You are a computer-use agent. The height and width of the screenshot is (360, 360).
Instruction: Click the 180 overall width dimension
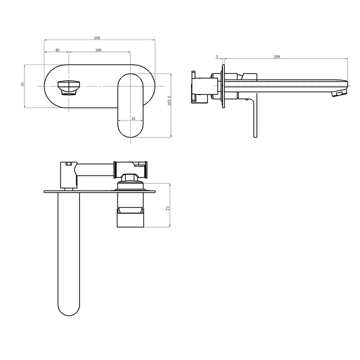tap(97, 37)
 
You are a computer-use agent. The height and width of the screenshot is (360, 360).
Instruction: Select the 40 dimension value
tap(57, 50)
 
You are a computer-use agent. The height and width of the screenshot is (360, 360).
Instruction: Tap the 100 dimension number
tap(98, 50)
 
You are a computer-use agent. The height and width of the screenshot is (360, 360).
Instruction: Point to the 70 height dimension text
tap(22, 85)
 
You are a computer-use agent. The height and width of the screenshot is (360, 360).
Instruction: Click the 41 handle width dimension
tap(133, 118)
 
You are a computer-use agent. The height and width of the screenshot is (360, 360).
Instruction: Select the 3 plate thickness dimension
tap(216, 57)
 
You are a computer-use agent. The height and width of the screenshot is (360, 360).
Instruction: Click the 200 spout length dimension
tap(276, 57)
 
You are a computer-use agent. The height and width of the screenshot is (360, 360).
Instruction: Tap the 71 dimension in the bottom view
tap(168, 208)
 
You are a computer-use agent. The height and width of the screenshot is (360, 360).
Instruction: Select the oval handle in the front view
tap(131, 105)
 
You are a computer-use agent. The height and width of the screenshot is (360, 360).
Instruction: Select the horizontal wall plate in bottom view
tap(99, 190)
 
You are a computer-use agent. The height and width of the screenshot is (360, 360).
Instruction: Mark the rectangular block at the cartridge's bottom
tap(131, 218)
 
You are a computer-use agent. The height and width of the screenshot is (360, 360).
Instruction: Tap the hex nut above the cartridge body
tap(130, 177)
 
